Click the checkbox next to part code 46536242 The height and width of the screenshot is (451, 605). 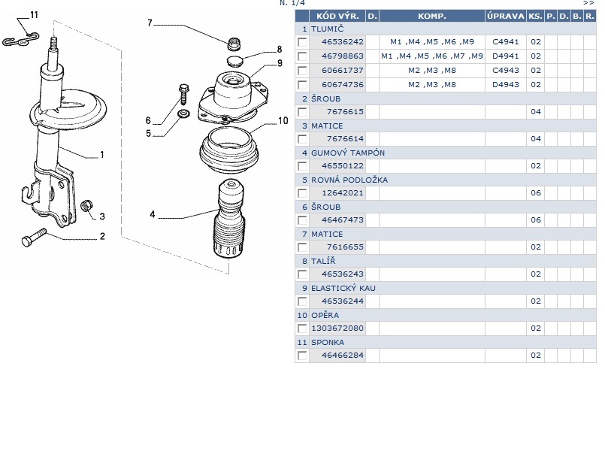tap(302, 42)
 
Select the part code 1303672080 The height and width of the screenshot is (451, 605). tap(337, 328)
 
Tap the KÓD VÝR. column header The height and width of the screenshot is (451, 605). tap(337, 17)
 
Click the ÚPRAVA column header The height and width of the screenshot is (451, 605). tap(506, 17)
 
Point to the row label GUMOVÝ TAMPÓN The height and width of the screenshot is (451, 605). tap(348, 153)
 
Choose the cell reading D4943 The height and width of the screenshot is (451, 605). tap(506, 84)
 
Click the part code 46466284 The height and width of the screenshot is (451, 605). tap(343, 356)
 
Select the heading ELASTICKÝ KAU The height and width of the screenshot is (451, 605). tap(343, 288)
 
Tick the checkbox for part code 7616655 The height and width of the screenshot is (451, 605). tap(302, 247)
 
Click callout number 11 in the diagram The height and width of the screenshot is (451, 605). tap(34, 15)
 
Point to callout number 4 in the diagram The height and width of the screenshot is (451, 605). tap(153, 214)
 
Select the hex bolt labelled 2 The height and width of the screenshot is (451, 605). tap(34, 238)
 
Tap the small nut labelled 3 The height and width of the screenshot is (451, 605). tap(87, 206)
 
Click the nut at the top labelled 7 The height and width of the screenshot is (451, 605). tap(234, 44)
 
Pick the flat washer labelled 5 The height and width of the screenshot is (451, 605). tap(183, 114)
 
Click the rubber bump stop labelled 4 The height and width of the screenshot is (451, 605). tap(228, 219)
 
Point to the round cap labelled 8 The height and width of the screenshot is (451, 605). tap(234, 61)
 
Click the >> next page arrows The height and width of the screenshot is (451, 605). tap(588, 3)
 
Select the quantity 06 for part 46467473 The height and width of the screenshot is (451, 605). tap(536, 220)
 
